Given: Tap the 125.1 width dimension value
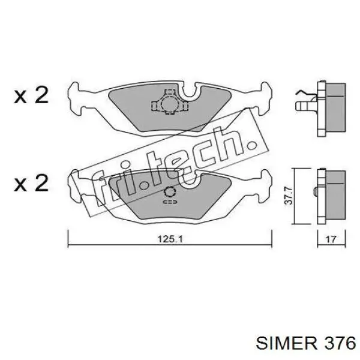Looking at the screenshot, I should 169,238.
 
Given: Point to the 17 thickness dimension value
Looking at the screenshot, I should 329,238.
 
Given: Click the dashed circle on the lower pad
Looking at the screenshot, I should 170,193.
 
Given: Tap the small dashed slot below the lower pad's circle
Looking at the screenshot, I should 169,203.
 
